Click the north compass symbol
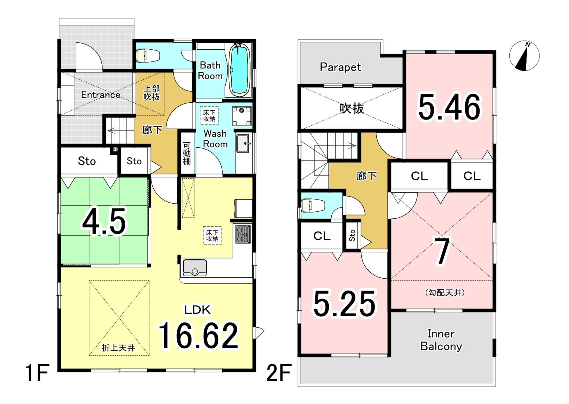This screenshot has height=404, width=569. pyautogui.click(x=524, y=56)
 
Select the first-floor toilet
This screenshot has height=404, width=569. pyautogui.click(x=148, y=56)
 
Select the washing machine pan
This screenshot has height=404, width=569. pyautogui.click(x=241, y=116)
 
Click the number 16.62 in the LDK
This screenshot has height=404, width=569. pyautogui.click(x=198, y=336)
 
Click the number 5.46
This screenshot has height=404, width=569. pyautogui.click(x=449, y=107)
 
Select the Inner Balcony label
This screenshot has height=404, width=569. pyautogui.click(x=441, y=340)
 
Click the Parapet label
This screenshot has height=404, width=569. pyautogui.click(x=340, y=67)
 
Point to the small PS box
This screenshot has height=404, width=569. pyautogui.click(x=115, y=150)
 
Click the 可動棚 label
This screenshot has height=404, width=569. pyautogui.click(x=187, y=153)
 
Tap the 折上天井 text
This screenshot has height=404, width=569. pyautogui.click(x=118, y=348)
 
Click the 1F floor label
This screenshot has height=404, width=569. pyautogui.click(x=37, y=373)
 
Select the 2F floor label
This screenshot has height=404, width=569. pyautogui.click(x=279, y=373)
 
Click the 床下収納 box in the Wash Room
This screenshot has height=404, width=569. pyautogui.click(x=209, y=116)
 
